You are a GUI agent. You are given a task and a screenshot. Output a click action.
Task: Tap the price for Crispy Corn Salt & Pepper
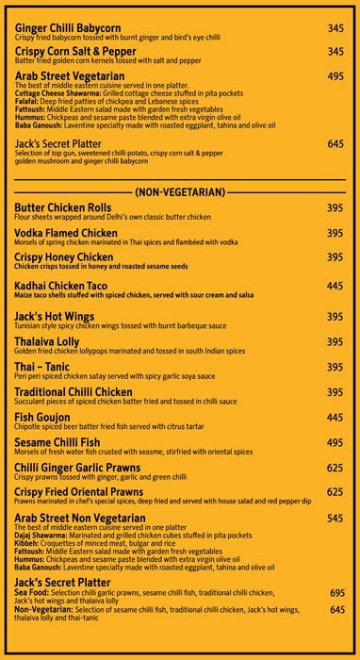pos(335,51)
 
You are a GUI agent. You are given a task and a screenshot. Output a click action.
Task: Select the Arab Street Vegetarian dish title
pos(70,75)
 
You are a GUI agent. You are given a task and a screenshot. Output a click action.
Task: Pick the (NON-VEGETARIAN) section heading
pos(180,192)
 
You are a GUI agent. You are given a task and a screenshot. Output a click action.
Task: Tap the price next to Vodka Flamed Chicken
pos(335,233)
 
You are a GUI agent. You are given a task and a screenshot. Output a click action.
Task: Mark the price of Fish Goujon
pos(335,417)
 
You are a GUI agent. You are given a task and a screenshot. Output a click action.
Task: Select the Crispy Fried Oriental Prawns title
pos(79,492)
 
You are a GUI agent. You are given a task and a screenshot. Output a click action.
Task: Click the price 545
pos(335,519)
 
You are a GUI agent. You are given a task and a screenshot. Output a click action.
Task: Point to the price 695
pos(337,593)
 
